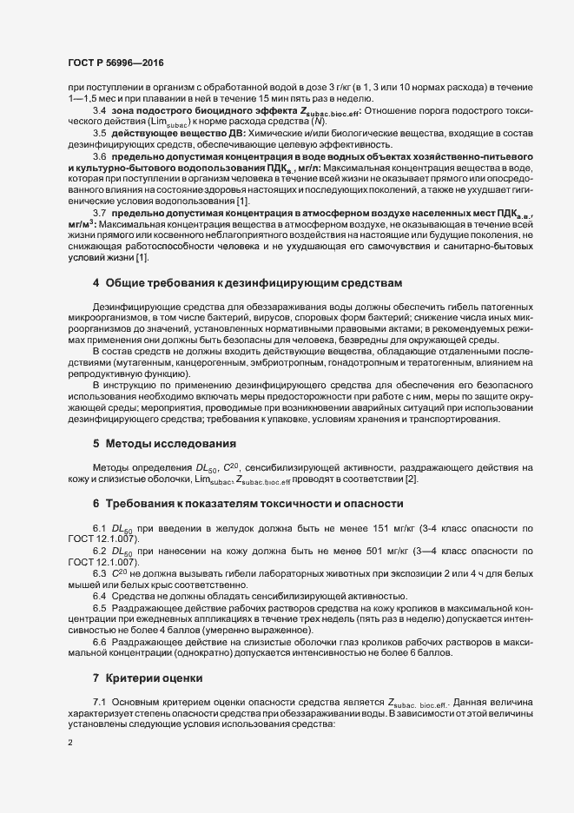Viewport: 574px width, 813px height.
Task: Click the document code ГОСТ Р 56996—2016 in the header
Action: (115, 64)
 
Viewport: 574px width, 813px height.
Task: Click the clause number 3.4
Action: (100, 110)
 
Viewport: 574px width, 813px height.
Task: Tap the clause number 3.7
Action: (100, 214)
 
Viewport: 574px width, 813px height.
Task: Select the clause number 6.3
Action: (100, 576)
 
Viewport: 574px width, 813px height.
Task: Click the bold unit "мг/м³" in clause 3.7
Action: (81, 225)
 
